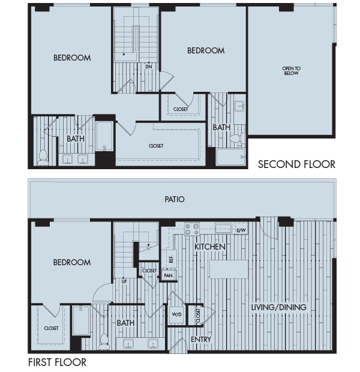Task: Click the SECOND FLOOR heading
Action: (296, 164)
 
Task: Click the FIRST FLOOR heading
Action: (57, 362)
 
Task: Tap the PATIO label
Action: (175, 199)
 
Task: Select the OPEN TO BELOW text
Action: (291, 71)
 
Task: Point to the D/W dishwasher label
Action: (241, 230)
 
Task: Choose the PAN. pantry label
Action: (168, 275)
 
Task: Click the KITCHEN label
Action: (209, 247)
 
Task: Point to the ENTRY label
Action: (200, 340)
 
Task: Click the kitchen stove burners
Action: (192, 229)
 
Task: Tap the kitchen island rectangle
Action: (228, 269)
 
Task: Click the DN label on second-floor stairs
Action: (148, 66)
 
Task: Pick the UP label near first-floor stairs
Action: (124, 280)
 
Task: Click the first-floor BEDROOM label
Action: (72, 262)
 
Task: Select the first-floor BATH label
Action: (126, 323)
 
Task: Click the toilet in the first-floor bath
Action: (103, 340)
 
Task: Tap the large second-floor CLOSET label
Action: (156, 146)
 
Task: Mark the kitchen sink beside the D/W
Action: (223, 228)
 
